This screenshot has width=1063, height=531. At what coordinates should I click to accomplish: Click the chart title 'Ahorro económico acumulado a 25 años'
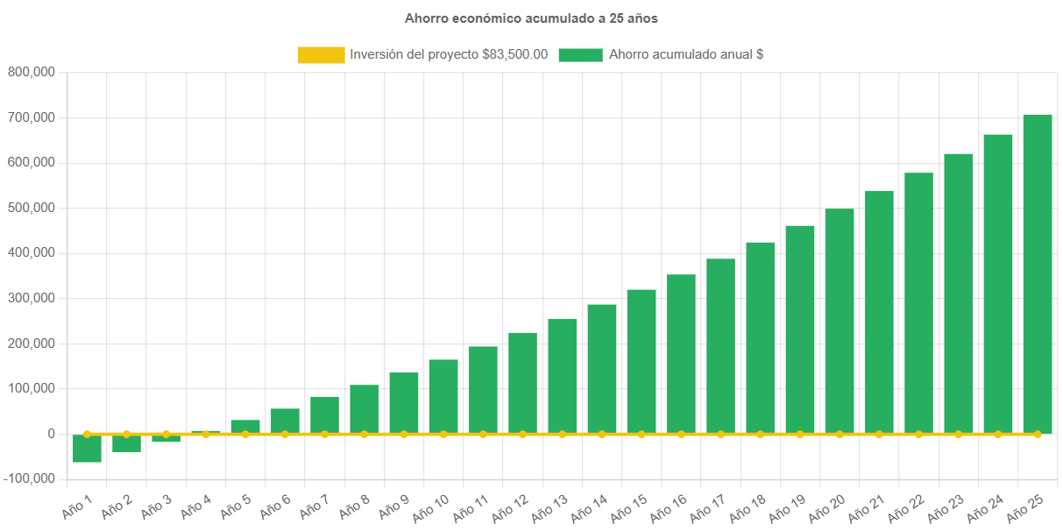[531, 18]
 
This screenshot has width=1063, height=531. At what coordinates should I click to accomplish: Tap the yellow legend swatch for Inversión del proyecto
[321, 54]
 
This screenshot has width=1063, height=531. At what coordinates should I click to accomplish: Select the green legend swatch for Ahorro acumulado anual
[580, 54]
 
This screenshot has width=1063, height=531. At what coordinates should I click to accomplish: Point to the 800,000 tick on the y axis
[32, 72]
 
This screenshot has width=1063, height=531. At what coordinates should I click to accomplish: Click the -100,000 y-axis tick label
[28, 478]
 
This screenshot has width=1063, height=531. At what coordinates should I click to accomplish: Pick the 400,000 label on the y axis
[32, 252]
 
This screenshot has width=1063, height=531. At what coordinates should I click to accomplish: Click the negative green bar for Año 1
[87, 448]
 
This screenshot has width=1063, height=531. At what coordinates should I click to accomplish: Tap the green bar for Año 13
[563, 376]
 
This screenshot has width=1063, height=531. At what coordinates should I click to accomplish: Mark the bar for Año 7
[324, 415]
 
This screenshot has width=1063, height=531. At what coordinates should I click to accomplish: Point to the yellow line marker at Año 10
[443, 434]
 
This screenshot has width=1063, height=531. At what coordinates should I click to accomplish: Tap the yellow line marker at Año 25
[1038, 434]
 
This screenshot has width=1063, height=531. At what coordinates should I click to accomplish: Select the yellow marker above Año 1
[87, 434]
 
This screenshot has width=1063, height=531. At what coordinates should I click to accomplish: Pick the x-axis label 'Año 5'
[236, 507]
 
